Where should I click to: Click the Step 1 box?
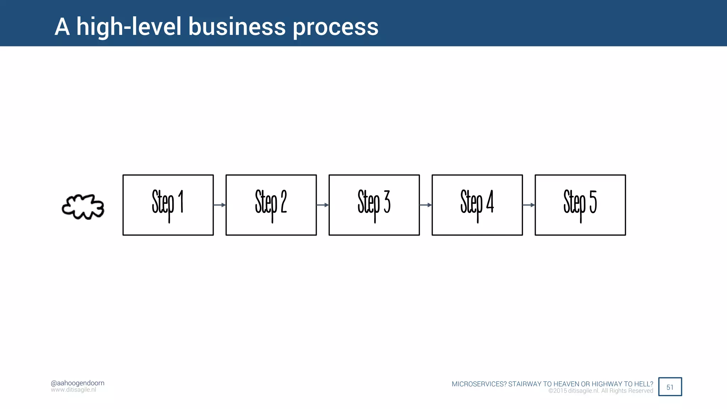pos(168,205)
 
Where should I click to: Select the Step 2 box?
pos(271,205)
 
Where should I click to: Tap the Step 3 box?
pos(374,205)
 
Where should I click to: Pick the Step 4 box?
pos(477,205)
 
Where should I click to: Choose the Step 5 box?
pos(580,205)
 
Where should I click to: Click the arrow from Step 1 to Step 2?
pos(219,205)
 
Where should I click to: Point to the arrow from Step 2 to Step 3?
pos(322,205)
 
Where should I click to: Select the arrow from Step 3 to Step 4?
pos(425,205)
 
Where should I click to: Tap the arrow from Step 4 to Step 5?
pos(529,205)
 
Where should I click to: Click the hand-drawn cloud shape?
pos(83,207)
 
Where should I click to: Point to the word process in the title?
pos(335,27)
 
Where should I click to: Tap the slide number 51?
pos(670,387)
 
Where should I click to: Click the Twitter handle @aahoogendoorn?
pos(77,383)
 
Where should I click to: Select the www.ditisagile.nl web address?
pos(73,390)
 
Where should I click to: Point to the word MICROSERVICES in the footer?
pos(479,384)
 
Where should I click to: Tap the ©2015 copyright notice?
pos(601,391)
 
